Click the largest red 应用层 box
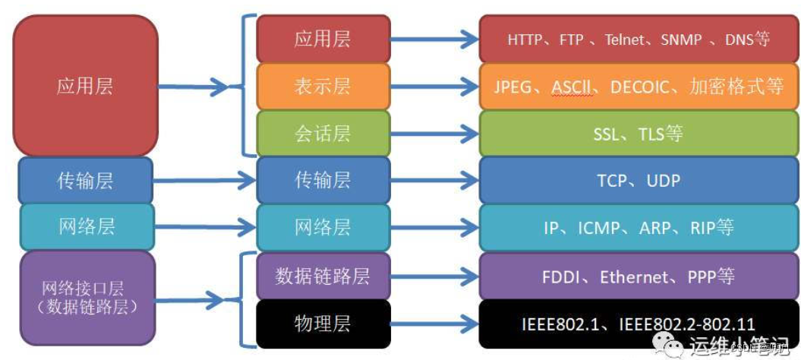85,85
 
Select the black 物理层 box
323,323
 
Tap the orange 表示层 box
323,86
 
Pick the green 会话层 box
323,134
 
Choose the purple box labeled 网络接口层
85,298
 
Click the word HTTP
525,39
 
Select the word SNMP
681,39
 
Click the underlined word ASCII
572,87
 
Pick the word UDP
664,181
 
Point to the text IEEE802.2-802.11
686,324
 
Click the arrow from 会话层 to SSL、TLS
434,134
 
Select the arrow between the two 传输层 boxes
203,182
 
